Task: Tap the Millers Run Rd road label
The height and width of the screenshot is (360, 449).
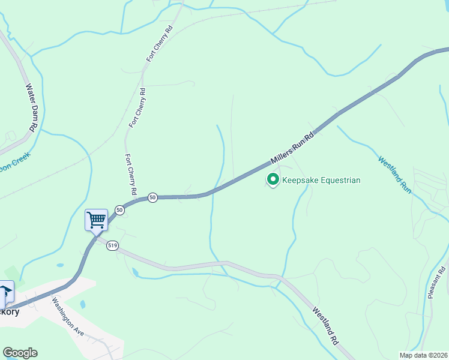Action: point(292,148)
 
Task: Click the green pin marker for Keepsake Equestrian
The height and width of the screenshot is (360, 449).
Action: point(273,179)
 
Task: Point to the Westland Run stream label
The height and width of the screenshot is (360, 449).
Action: point(394,174)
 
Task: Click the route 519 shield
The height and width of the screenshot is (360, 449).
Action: point(112,245)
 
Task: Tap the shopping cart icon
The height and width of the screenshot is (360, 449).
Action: point(96,220)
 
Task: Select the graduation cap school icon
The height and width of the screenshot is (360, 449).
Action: point(5,292)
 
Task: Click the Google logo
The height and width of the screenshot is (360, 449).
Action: point(20,353)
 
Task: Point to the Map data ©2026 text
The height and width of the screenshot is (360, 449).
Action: point(423,355)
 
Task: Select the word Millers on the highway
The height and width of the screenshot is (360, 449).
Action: point(282,154)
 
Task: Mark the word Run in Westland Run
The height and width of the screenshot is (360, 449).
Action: point(406,185)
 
